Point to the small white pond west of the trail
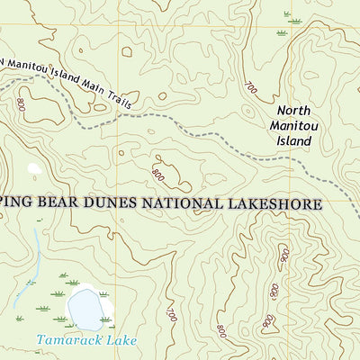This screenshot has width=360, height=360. click(35, 168)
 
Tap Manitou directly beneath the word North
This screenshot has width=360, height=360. click(292, 127)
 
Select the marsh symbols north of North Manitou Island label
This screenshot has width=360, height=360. click(293, 16)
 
